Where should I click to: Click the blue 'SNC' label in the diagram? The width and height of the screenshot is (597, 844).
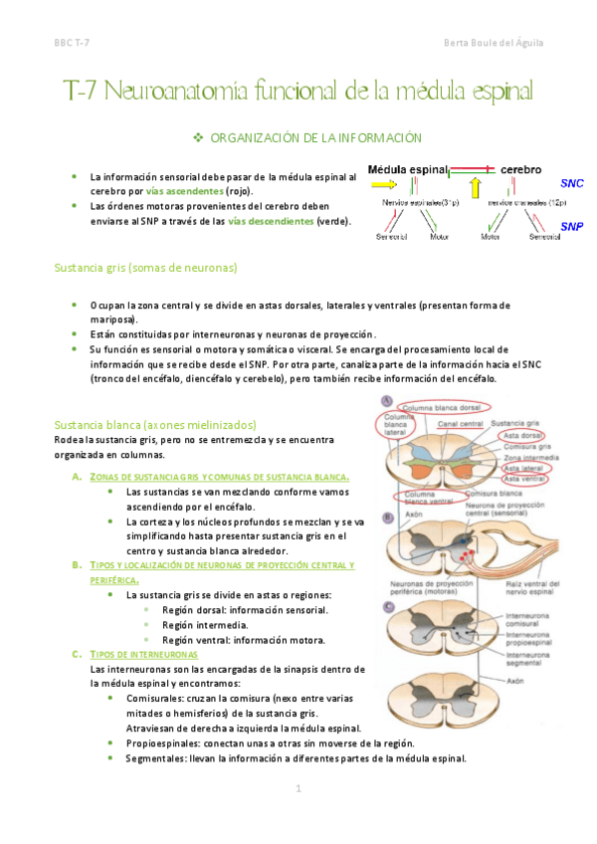[571, 184]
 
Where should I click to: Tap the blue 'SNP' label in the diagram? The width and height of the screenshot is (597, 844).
[571, 226]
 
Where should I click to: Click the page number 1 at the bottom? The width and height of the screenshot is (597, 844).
[298, 788]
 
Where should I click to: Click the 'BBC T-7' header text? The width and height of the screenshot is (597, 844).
[72, 43]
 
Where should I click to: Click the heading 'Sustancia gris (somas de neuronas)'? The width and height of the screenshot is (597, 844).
[145, 268]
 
